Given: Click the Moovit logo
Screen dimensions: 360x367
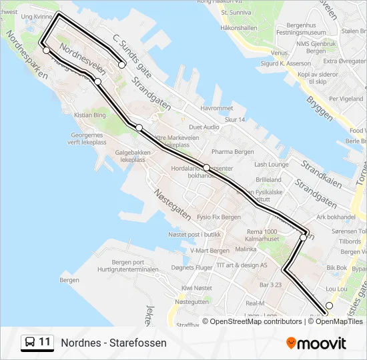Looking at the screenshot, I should tap(316, 343).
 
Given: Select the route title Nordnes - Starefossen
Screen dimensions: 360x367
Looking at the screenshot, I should tap(114, 343).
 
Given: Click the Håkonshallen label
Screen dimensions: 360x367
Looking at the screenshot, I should tap(239, 29).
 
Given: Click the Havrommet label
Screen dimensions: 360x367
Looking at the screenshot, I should tap(217, 108).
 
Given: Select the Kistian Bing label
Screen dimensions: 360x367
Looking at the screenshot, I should tap(90, 115).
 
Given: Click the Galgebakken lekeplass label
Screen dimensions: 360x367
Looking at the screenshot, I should tap(129, 156).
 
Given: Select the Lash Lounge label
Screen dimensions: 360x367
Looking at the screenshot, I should tap(271, 164).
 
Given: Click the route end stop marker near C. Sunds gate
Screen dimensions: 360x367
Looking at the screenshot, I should tap(122, 65).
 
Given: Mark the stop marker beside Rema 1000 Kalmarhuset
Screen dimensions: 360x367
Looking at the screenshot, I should tap(303, 237).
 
